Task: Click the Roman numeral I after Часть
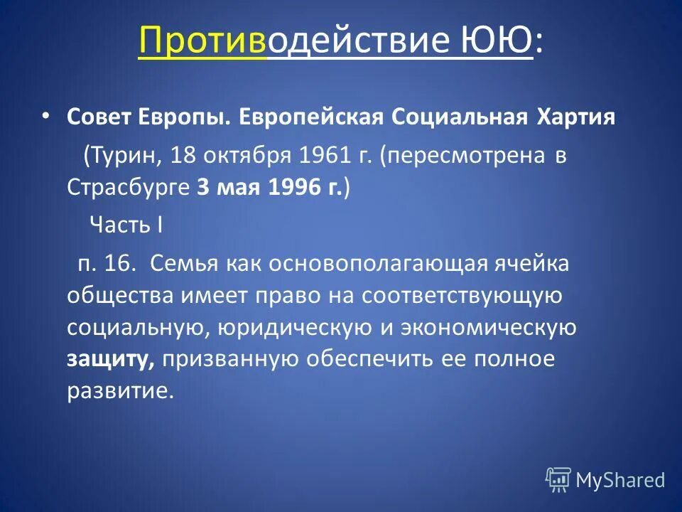point(161,225)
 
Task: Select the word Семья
point(185,263)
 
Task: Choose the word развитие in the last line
point(119,392)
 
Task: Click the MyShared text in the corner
point(620,480)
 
